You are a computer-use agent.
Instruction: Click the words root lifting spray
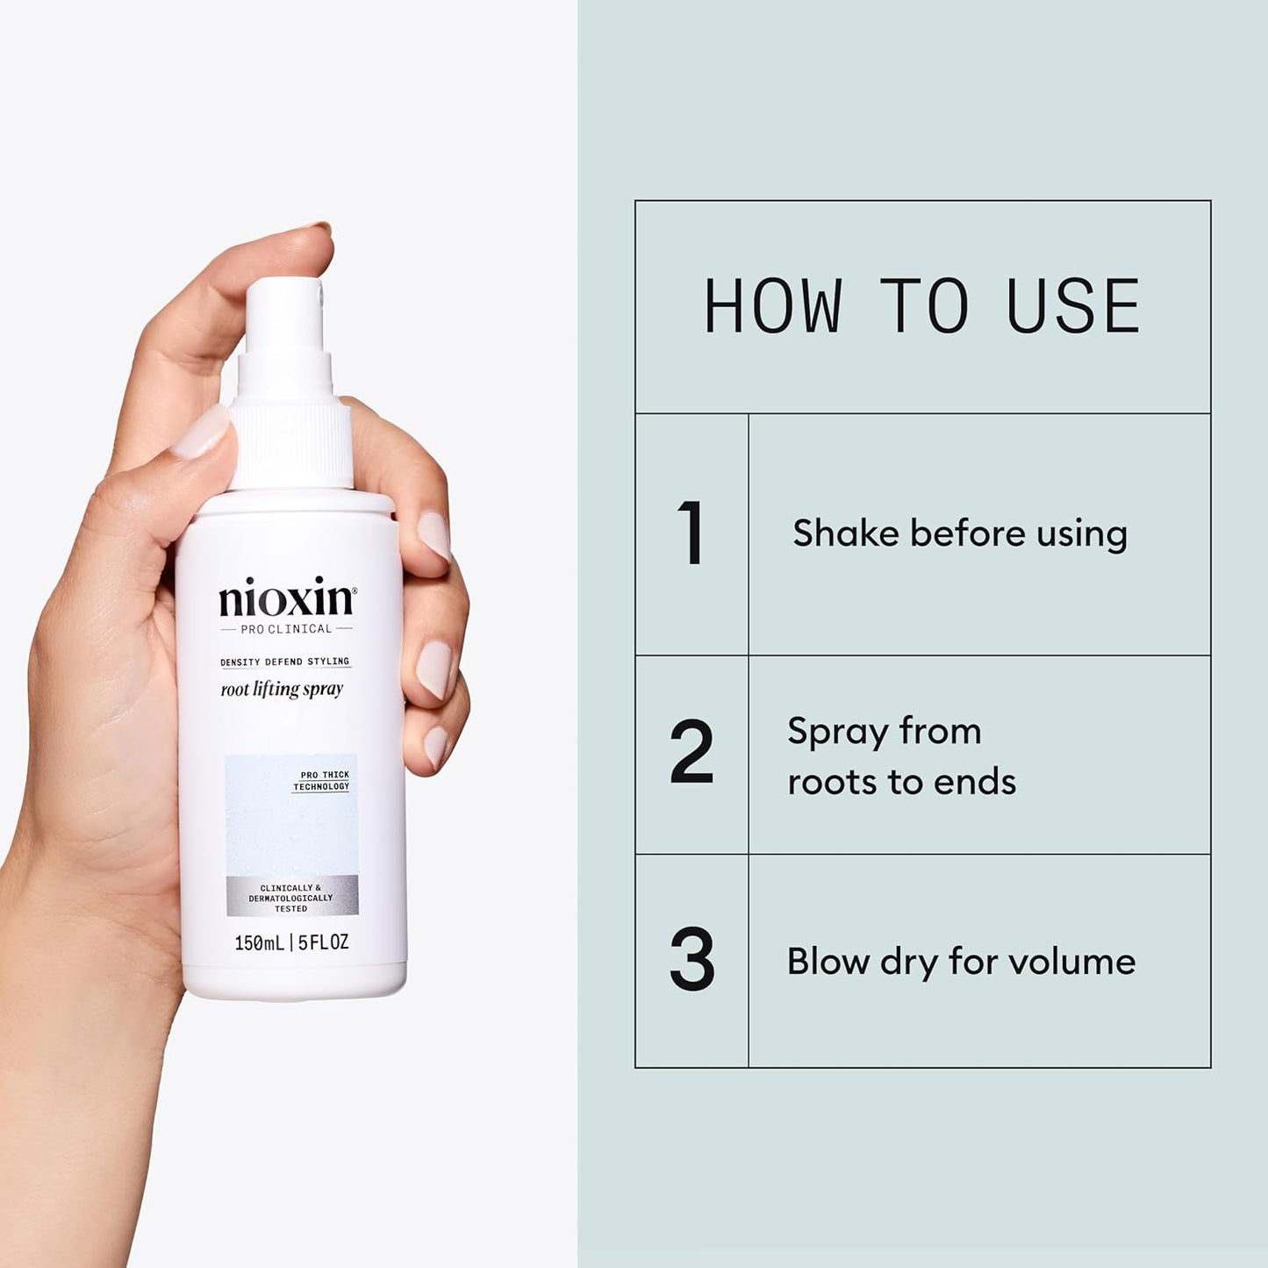click(x=282, y=690)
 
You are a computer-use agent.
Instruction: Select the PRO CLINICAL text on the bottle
click(x=286, y=629)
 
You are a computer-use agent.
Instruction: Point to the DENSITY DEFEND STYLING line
click(x=284, y=662)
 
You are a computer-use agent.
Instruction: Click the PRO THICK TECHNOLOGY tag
click(x=321, y=781)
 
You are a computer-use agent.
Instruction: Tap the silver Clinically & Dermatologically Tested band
click(x=291, y=898)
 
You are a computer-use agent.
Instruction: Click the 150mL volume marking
click(x=259, y=943)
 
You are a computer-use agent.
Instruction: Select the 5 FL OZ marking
click(x=324, y=943)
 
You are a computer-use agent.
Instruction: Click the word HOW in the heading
click(x=772, y=307)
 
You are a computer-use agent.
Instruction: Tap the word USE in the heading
click(x=1073, y=307)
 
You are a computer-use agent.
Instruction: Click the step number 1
click(x=691, y=534)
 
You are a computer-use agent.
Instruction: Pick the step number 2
click(x=691, y=753)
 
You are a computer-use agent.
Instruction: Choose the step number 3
click(x=691, y=961)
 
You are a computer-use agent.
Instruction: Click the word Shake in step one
click(x=845, y=534)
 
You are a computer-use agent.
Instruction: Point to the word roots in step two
click(x=824, y=783)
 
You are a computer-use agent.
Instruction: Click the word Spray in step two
click(x=835, y=733)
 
